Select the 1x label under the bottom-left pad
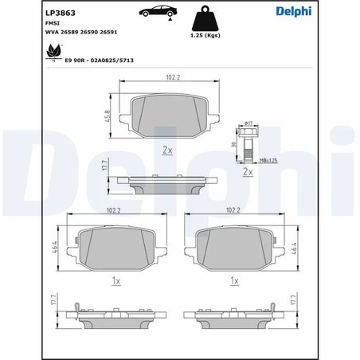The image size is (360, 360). point(115,281)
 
